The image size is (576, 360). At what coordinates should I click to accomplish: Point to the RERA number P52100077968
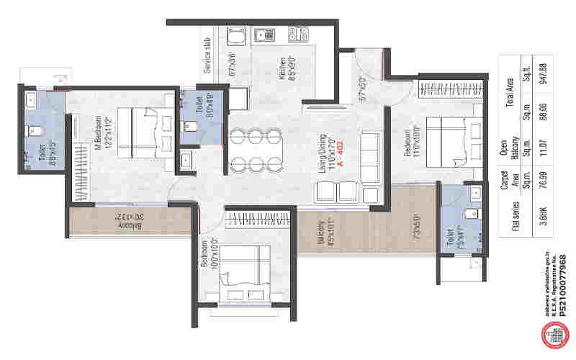click(562, 285)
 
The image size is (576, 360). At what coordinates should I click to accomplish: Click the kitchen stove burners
click(296, 33)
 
